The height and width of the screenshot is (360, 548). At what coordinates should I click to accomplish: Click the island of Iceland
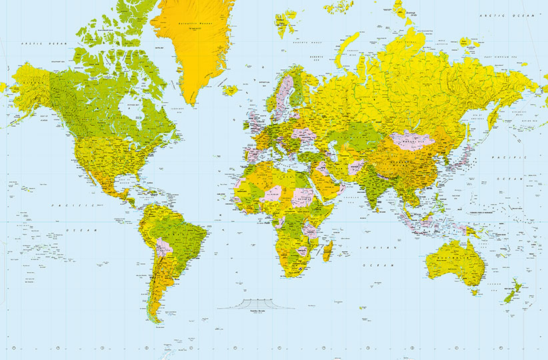tap(231, 89)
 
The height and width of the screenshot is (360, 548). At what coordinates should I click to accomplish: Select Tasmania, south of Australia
tap(475, 291)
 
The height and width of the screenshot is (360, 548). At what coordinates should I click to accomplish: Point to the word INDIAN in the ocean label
tap(365, 247)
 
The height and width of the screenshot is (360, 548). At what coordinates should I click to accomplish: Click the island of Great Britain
tap(255, 122)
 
